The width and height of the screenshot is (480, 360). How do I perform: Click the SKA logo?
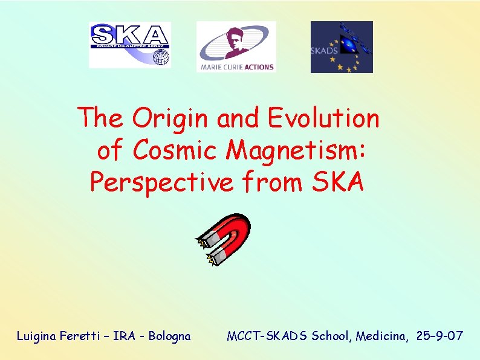click(129, 45)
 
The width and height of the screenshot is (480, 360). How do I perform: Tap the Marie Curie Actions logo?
click(236, 47)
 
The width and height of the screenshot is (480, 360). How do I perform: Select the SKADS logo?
click(342, 47)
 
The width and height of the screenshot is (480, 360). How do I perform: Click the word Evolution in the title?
click(323, 118)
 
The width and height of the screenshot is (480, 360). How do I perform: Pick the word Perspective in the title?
click(161, 181)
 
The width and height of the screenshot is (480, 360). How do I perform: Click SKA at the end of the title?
click(339, 181)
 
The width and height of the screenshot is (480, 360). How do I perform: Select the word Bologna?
click(169, 336)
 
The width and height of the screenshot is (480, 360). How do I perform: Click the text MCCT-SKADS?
click(267, 336)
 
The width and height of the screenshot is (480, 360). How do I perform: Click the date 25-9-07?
click(440, 336)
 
